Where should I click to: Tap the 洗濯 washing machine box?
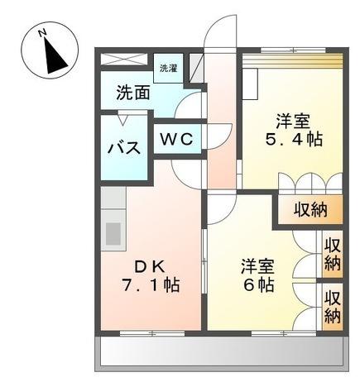coord(168,68)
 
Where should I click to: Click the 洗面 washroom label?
coord(132,93)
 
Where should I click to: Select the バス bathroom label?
coord(124,149)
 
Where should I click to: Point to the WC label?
coord(176,139)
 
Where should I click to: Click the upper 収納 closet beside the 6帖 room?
coord(333,254)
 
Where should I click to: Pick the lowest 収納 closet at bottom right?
coord(333,306)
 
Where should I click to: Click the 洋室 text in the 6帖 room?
coord(257,266)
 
